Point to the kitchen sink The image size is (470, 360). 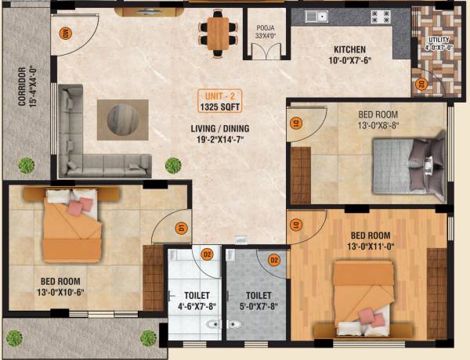point(316,16)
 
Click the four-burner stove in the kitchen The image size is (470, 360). point(380,16)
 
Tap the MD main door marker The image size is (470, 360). point(66,33)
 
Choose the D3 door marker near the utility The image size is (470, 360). point(420,84)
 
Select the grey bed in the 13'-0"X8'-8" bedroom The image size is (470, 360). point(407,166)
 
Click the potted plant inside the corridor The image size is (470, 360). point(27,165)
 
